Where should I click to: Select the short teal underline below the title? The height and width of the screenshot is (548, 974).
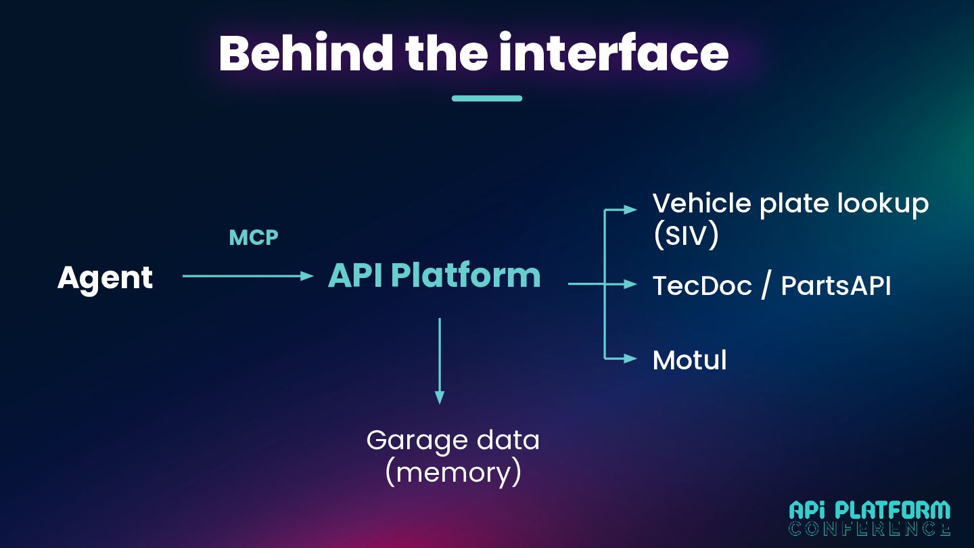pos(487,98)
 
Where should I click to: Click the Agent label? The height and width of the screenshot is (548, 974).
pos(106,279)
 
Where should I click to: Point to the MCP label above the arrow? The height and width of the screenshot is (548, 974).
pos(254,237)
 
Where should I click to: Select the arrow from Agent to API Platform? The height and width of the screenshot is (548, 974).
pos(248,276)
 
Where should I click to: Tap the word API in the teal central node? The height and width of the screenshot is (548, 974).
pos(355,275)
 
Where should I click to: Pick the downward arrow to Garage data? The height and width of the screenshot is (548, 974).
pos(440,361)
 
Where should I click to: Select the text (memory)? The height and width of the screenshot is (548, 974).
pos(453,472)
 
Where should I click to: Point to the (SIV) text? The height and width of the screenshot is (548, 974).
pos(686,235)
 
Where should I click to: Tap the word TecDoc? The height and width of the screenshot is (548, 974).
pos(702,286)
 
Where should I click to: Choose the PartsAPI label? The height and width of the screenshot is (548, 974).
pos(836,286)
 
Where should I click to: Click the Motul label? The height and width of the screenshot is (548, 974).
pos(690,360)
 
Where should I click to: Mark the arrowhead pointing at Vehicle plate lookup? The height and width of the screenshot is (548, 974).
pos(630,210)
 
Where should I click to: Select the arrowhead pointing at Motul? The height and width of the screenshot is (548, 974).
pos(630,359)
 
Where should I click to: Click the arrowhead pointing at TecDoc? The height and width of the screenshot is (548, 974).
pos(630,284)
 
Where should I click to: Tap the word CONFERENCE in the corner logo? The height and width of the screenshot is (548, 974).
pos(870,528)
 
